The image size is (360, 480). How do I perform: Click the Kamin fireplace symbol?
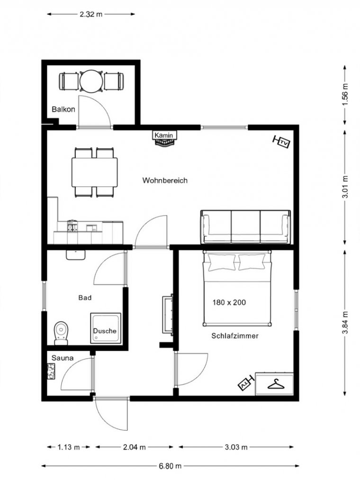[x=165, y=138]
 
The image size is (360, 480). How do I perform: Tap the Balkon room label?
[x=63, y=109]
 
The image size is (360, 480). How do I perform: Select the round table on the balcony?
[x=91, y=81]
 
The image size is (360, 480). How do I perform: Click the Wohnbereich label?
[x=165, y=181]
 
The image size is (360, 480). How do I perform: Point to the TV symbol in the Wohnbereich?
[x=281, y=142]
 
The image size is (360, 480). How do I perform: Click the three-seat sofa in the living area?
[x=245, y=227]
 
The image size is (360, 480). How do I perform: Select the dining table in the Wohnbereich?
[x=95, y=172]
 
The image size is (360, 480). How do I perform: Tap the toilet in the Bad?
[x=61, y=333]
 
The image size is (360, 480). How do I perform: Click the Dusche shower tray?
[x=105, y=328]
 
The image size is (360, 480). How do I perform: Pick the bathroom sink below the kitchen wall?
[x=76, y=255]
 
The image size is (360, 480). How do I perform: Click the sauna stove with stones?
[x=51, y=371]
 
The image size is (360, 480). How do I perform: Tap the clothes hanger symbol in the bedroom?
[x=276, y=384]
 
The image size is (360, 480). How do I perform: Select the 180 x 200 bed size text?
[x=229, y=302]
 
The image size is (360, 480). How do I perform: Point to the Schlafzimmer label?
[x=235, y=336]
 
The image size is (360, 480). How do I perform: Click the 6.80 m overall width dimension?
[x=170, y=466]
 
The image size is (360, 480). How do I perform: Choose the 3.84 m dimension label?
[x=345, y=323]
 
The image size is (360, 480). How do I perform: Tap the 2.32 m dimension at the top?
[x=91, y=14]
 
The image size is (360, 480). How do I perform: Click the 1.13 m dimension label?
[x=69, y=447]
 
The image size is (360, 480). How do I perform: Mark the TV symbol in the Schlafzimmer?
[x=246, y=383]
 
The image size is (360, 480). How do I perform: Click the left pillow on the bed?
[x=222, y=263]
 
